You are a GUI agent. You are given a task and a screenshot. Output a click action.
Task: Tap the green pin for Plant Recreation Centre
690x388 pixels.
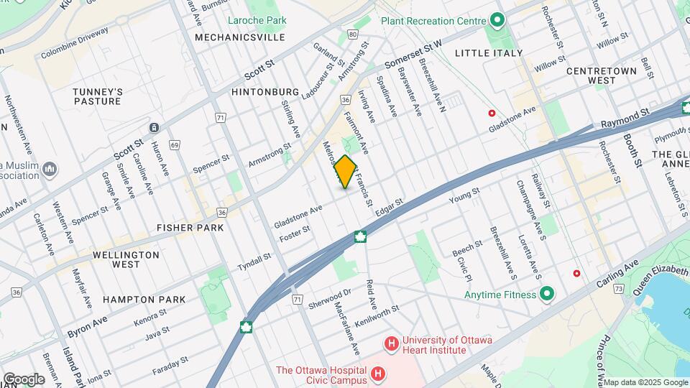(496, 21)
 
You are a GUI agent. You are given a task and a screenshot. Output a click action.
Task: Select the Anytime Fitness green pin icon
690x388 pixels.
(546, 294)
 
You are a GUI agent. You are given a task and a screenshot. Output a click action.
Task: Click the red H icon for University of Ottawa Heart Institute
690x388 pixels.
(392, 345)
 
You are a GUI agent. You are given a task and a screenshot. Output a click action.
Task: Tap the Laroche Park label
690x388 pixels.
(257, 20)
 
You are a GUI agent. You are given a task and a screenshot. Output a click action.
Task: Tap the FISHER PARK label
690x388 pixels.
(190, 227)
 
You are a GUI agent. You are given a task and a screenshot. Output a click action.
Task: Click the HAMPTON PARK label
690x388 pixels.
(144, 299)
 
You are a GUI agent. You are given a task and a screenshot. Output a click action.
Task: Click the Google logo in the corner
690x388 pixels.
(23, 379)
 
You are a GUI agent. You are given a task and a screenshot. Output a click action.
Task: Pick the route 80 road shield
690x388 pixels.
(351, 34)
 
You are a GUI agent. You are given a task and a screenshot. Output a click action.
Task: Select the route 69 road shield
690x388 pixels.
(174, 144)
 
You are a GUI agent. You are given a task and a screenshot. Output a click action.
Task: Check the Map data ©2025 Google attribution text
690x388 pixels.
(645, 382)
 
